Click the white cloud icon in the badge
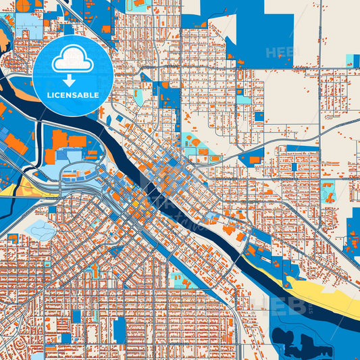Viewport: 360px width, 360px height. (72, 60)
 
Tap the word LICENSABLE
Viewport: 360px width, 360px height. (72, 95)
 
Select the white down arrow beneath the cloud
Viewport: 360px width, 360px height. (72, 81)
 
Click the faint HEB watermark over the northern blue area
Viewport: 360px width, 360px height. (280, 52)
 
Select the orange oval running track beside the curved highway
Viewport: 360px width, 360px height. (215, 159)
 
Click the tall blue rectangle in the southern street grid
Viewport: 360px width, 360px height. (120, 330)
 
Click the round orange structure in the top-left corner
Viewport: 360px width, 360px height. (24, 6)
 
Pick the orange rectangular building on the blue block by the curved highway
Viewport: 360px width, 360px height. (254, 160)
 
